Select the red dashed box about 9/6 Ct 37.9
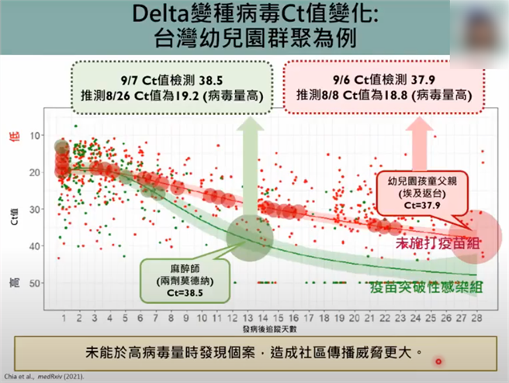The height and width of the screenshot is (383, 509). (x=386, y=86)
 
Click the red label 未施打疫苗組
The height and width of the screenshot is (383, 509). (x=438, y=242)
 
